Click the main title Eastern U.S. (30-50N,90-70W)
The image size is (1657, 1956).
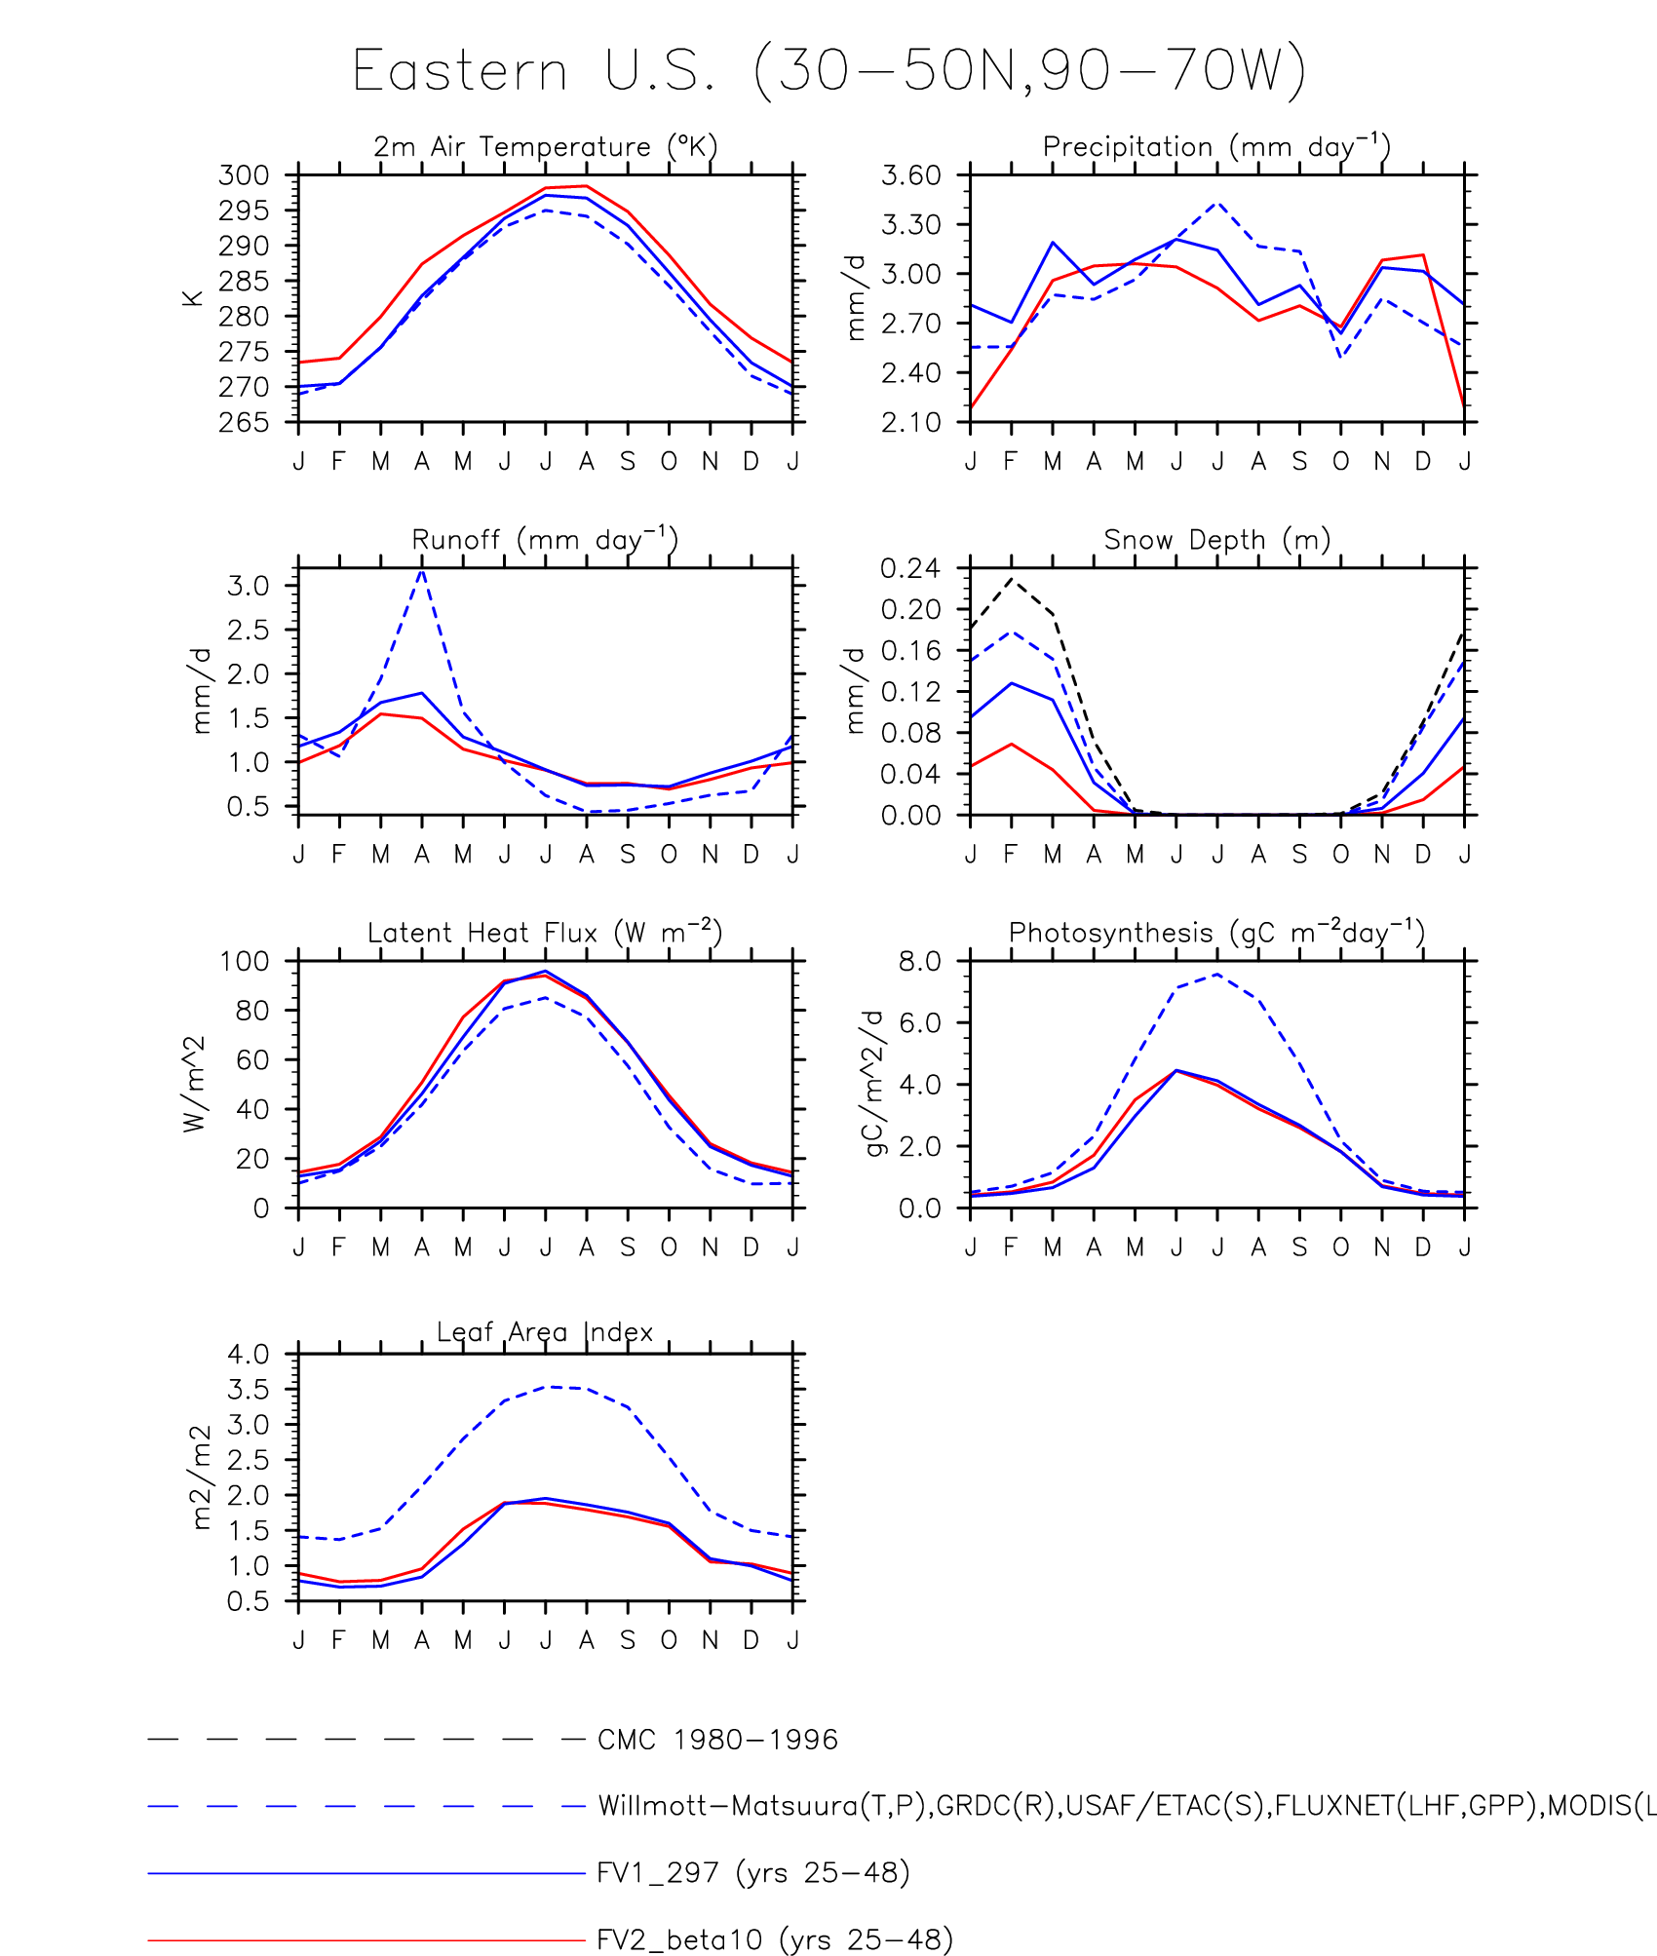coord(828,71)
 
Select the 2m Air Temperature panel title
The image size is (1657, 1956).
coord(545,147)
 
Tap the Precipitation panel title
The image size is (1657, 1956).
coord(1216,147)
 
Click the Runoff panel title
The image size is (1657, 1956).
coord(545,540)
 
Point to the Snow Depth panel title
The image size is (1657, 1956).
coord(1216,540)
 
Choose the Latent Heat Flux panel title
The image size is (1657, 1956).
coord(545,933)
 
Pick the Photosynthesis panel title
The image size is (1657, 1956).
coord(1216,933)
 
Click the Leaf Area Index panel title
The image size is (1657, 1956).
coord(545,1332)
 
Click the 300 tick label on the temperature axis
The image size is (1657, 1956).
coord(244,175)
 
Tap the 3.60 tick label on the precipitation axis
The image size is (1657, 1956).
coord(911,175)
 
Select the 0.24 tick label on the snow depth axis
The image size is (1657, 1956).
coord(911,568)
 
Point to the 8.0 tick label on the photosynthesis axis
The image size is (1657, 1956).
coord(920,961)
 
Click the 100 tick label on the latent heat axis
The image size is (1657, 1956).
coord(244,961)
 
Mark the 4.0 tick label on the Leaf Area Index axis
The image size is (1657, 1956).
coord(249,1354)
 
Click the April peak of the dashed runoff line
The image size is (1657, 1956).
coord(421,570)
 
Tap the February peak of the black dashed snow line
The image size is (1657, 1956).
coord(1012,580)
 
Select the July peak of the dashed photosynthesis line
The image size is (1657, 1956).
coord(1217,974)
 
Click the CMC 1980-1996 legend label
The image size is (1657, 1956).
coord(717,1740)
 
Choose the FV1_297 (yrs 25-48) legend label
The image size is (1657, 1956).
coord(752,1873)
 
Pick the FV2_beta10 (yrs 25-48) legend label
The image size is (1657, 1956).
coord(774,1939)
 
